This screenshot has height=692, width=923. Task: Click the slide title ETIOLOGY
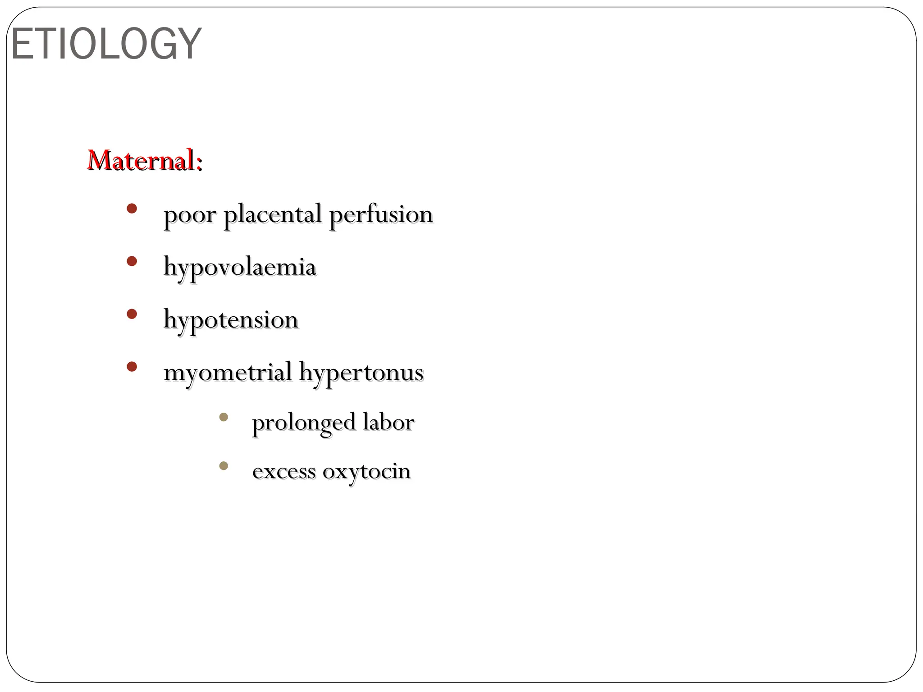coord(106,44)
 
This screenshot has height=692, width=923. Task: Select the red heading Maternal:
coord(144,160)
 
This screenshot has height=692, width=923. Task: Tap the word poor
coord(190,215)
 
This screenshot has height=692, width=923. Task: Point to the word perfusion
coord(381,215)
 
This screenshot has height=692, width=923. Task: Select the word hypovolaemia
coord(240,267)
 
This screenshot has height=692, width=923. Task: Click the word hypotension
coord(231,320)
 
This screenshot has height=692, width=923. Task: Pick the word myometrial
coord(228,373)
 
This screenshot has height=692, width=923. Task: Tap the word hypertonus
coord(361,373)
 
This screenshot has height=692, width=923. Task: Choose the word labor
coord(388,422)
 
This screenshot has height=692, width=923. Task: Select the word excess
coord(284,472)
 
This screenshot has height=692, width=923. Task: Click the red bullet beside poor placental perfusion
coord(132,209)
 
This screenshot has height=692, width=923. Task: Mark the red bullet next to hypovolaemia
coord(132,261)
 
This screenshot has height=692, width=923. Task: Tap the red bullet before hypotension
coord(132,314)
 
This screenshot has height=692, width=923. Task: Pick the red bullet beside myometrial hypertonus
coord(132,367)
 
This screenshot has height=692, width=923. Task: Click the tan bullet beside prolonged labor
coord(224,417)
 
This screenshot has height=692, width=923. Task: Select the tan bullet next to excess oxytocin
coord(224,466)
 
